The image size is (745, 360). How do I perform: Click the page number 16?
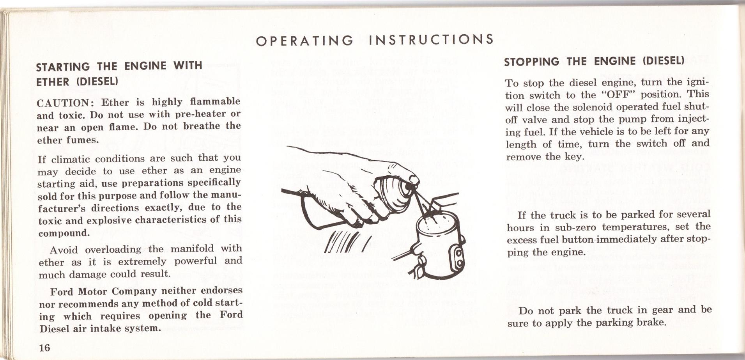(44, 347)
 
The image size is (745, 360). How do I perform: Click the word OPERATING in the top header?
(304, 41)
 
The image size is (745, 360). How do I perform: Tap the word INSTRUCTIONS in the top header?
(431, 39)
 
